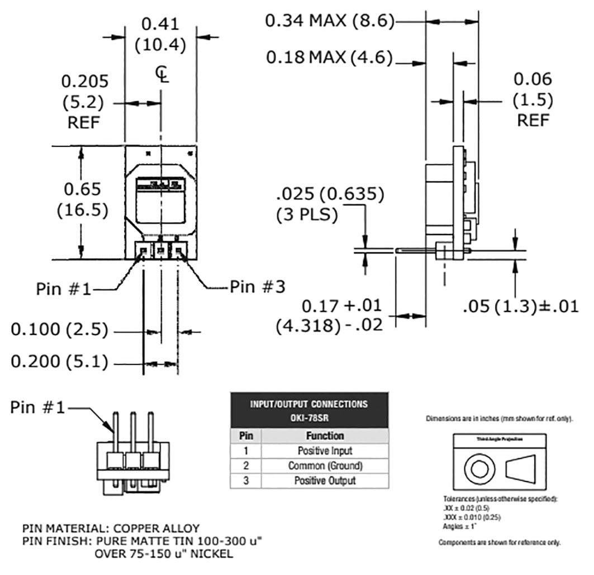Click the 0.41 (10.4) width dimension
point(160,34)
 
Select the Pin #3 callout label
point(258,287)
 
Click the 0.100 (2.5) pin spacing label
point(59,329)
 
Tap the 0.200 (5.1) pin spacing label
point(59,362)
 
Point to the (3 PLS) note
point(307,215)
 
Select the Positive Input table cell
point(325,451)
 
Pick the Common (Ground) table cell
point(325,465)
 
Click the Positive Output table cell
point(325,480)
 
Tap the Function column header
point(325,435)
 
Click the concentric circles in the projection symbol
point(479,467)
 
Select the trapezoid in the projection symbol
point(524,467)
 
